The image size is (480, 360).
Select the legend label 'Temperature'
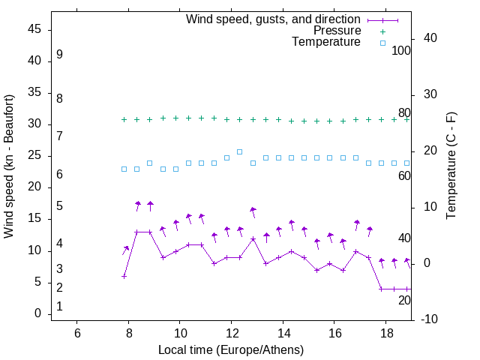tap(326, 42)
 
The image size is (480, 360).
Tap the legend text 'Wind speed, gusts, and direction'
tap(274, 19)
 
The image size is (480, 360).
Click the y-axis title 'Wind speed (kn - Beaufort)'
tap(9, 166)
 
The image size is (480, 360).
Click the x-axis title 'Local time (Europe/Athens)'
tap(231, 349)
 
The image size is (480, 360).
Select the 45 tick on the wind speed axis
tap(34, 30)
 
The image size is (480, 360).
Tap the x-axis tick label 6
tap(77, 333)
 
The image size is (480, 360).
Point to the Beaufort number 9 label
tap(59, 55)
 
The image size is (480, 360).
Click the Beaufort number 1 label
tap(59, 307)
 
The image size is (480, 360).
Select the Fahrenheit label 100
tap(401, 51)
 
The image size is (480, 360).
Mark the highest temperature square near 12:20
tap(240, 151)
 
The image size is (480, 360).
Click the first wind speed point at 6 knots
tap(124, 276)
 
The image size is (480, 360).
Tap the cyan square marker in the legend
tap(382, 43)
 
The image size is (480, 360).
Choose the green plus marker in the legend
tap(382, 31)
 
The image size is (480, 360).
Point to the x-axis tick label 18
tap(385, 333)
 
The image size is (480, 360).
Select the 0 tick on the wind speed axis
tap(37, 314)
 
